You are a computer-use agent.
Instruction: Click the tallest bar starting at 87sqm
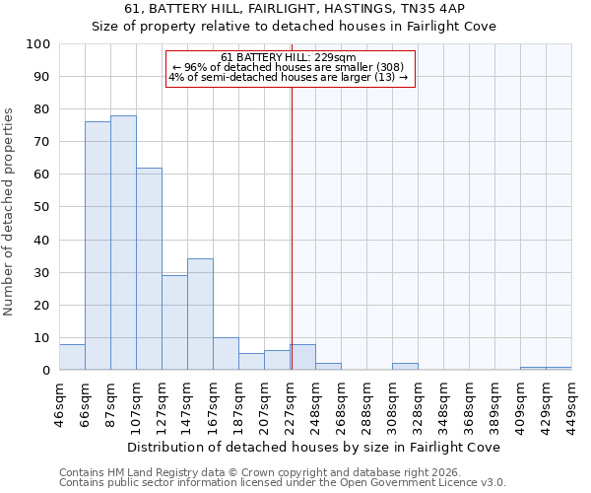click(x=123, y=243)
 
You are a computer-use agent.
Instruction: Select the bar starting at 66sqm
click(x=98, y=246)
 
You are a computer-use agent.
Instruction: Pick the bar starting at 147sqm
click(x=200, y=314)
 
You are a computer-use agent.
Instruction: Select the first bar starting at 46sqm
click(x=72, y=357)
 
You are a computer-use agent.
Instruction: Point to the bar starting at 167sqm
click(x=226, y=353)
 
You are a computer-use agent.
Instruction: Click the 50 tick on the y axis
click(x=43, y=207)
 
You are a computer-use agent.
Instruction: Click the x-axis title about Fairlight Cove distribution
click(x=314, y=447)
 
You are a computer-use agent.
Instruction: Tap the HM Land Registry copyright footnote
click(x=246, y=472)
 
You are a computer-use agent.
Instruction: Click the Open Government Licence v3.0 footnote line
click(x=282, y=482)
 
